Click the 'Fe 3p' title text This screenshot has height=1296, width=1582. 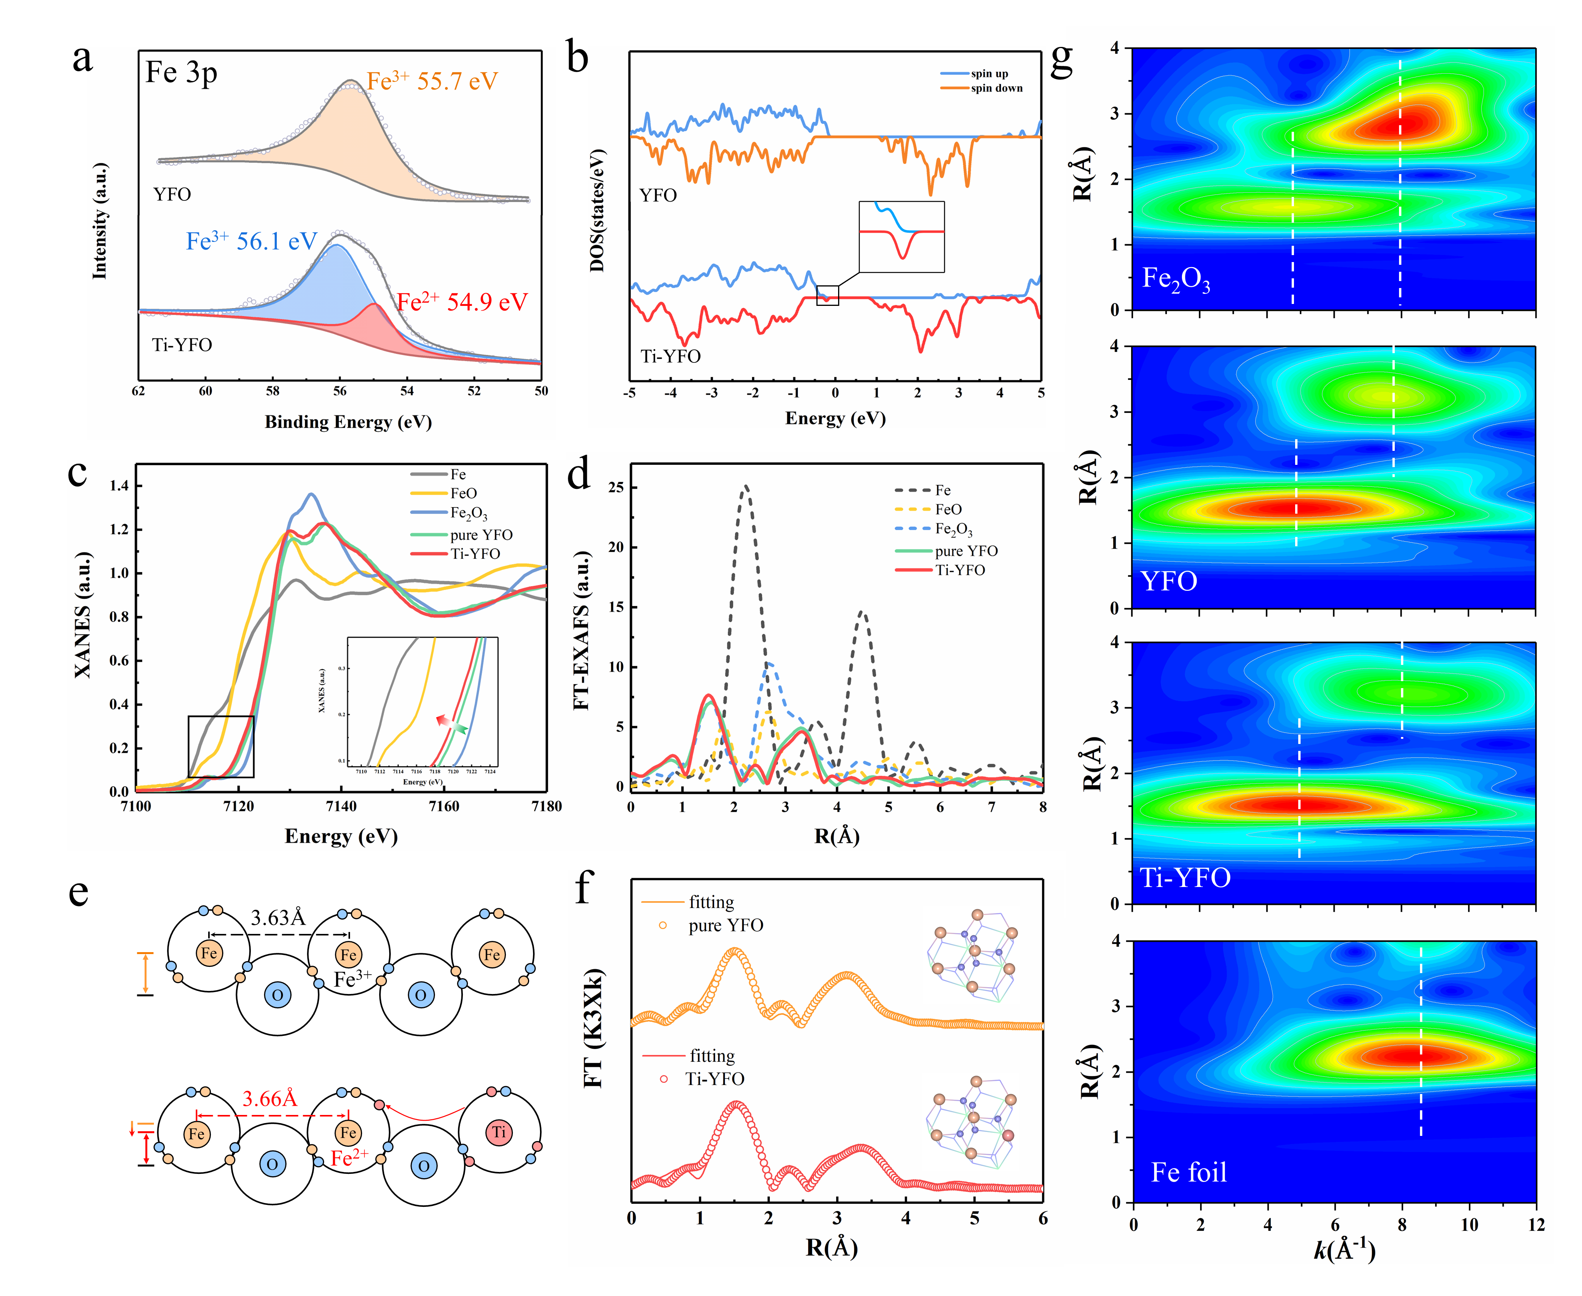click(x=181, y=73)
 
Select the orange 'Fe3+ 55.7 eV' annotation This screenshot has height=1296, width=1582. click(x=431, y=81)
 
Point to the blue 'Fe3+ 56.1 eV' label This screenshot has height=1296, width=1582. click(x=252, y=241)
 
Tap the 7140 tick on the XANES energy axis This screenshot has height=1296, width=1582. click(x=341, y=806)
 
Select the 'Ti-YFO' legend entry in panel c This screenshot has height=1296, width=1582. click(x=475, y=553)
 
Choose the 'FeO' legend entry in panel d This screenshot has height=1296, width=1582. click(x=948, y=509)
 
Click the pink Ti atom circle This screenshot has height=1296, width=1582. click(x=499, y=1132)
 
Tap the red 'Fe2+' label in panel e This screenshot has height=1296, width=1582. click(x=349, y=1158)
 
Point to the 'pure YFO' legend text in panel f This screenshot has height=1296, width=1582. click(x=726, y=926)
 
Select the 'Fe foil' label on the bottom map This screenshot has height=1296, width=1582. click(x=1189, y=1172)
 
